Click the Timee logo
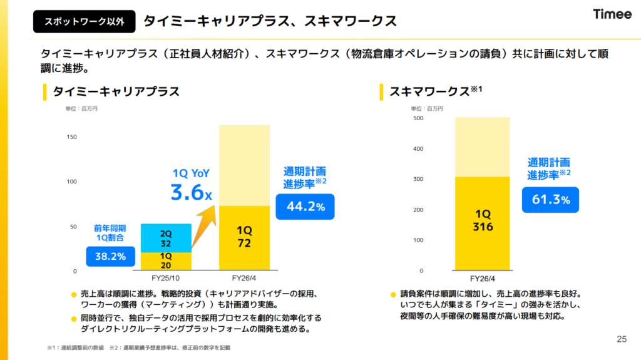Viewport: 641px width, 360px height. tap(612, 14)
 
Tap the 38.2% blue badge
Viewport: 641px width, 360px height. tap(111, 255)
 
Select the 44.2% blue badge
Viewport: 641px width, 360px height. tap(305, 207)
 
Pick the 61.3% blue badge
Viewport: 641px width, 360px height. tap(550, 200)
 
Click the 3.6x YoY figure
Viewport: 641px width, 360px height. tap(190, 192)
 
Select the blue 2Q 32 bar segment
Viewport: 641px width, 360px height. tap(166, 238)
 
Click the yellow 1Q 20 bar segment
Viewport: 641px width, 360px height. tap(166, 260)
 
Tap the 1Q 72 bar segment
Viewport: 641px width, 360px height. tap(244, 237)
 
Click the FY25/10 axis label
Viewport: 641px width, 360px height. tap(166, 278)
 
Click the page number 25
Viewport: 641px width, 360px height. tap(621, 339)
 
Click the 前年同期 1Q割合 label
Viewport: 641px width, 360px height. tap(110, 233)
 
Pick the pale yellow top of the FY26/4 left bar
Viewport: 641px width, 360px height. tap(244, 165)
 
